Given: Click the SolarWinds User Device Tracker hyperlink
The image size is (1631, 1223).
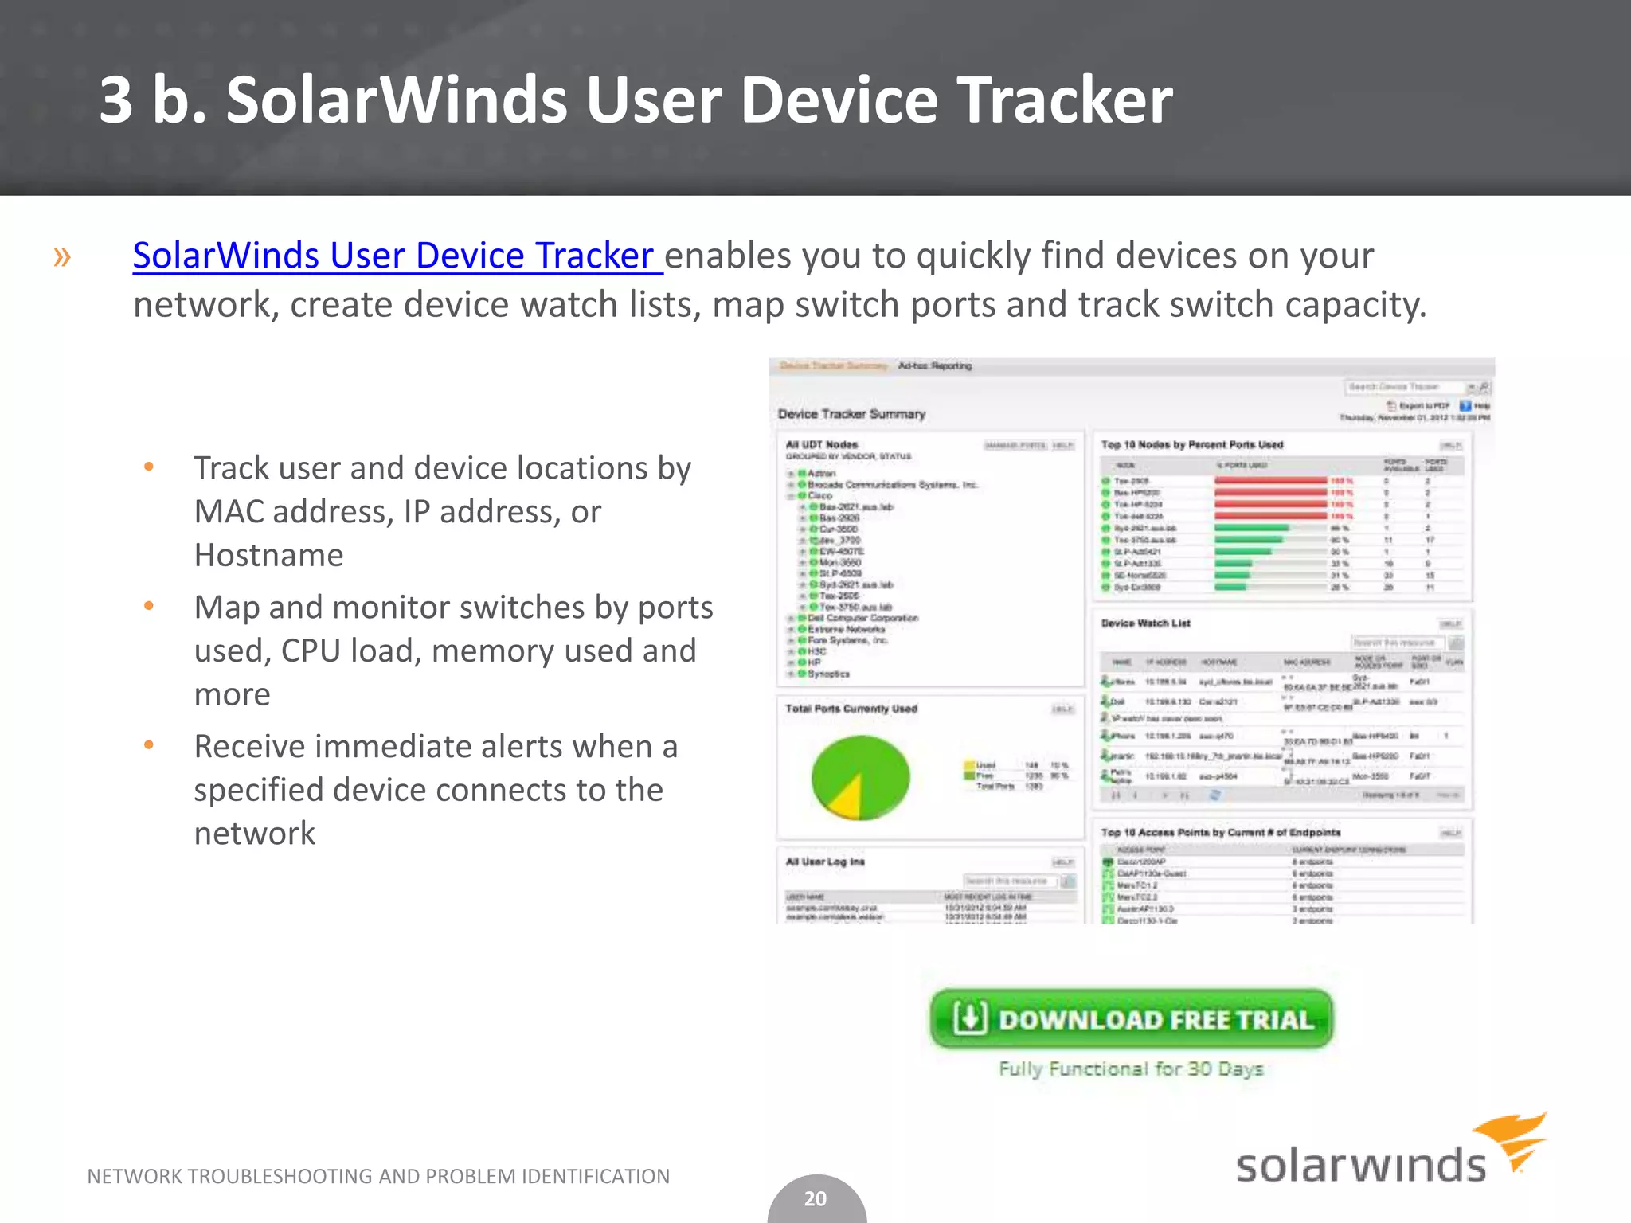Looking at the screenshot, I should pos(397,256).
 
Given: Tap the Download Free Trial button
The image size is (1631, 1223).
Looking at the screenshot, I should pos(1131,1019).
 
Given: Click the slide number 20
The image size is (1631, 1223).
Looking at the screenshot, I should pos(815,1198).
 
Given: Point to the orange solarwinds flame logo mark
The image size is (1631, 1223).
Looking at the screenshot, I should pos(1511,1141).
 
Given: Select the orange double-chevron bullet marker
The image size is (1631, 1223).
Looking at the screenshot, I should pos(62,256).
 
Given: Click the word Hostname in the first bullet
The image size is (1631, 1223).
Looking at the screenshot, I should pos(269,555).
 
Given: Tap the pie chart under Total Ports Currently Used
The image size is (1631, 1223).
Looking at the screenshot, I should pos(860,777).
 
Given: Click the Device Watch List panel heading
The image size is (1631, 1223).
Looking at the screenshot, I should pos(1145,623).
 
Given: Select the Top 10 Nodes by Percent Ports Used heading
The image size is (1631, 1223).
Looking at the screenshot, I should pos(1191,445).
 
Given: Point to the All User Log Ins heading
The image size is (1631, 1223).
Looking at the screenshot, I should pos(825,862).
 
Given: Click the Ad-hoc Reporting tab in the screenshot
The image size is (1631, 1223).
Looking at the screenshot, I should pos(935,366).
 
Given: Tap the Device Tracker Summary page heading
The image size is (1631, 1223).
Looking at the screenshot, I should pos(851,414).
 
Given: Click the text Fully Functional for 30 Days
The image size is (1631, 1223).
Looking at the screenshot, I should pos(1131,1069).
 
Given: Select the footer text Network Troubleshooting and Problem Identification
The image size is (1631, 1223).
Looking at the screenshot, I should pos(378,1176).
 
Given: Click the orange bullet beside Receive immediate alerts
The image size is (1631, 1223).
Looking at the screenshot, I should pos(148,746).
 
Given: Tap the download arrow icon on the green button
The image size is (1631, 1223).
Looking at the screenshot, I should pos(970,1018).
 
